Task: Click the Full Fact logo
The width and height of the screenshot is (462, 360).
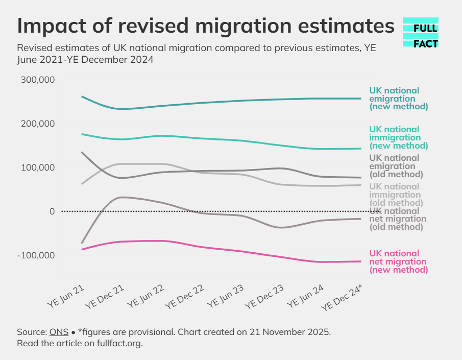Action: [x=421, y=32]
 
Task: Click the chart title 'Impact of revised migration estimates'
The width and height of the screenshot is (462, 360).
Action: [x=206, y=26]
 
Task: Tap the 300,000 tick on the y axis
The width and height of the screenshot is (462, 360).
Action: [x=38, y=80]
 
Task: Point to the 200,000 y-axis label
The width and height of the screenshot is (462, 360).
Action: [x=38, y=124]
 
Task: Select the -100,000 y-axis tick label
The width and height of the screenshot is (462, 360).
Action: [x=36, y=255]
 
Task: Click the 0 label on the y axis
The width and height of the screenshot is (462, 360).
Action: [x=52, y=211]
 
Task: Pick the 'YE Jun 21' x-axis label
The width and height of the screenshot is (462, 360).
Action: [x=66, y=296]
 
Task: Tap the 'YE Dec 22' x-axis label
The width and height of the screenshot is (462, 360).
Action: [x=184, y=297]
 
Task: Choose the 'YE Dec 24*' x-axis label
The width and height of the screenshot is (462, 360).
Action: [x=342, y=298]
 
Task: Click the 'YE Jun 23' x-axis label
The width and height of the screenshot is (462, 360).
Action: [x=226, y=296]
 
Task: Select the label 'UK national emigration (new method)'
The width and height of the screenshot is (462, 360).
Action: [x=399, y=99]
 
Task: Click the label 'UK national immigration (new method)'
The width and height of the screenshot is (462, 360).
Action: [x=399, y=137]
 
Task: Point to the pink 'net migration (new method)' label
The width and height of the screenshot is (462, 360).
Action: [x=399, y=261]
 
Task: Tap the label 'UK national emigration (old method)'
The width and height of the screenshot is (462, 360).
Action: [x=396, y=166]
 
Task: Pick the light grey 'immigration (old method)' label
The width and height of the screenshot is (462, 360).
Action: [x=396, y=195]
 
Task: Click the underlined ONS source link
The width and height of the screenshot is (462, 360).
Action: [x=59, y=332]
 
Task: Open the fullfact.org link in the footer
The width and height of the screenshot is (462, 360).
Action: [x=119, y=344]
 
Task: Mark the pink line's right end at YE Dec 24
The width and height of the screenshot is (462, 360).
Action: [x=361, y=261]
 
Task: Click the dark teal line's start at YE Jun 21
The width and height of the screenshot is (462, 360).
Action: [x=82, y=97]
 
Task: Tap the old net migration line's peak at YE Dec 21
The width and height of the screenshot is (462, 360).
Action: [x=121, y=197]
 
